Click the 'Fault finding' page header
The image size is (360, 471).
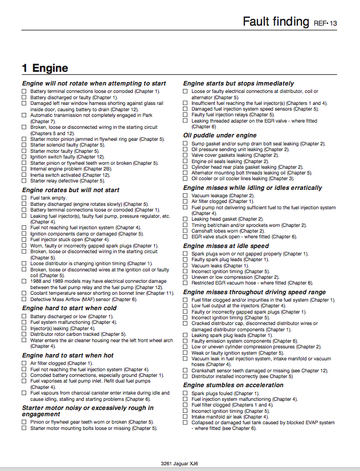[x=276, y=22]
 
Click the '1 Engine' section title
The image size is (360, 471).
[x=45, y=68]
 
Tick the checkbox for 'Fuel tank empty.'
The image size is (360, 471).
[x=24, y=198]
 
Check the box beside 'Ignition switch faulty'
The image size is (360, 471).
[x=24, y=157]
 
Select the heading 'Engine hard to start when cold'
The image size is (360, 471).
[x=69, y=308]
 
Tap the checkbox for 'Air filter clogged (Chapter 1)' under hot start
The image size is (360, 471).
[x=24, y=363]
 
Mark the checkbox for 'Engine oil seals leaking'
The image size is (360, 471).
[x=186, y=161]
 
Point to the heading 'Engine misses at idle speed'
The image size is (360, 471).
[x=226, y=246]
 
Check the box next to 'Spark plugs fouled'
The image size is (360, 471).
[x=186, y=393]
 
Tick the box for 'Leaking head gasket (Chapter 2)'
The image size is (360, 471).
[x=186, y=219]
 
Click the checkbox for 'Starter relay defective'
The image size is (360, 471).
[x=24, y=181]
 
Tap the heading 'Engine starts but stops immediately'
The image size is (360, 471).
[x=239, y=83]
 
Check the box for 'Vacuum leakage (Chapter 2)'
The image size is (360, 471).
[x=186, y=196]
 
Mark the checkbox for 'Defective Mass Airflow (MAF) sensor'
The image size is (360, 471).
[x=24, y=299]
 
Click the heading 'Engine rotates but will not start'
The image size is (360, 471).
[x=71, y=190]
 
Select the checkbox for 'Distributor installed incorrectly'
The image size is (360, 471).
[x=186, y=376]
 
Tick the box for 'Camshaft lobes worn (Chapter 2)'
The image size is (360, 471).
[x=186, y=231]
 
